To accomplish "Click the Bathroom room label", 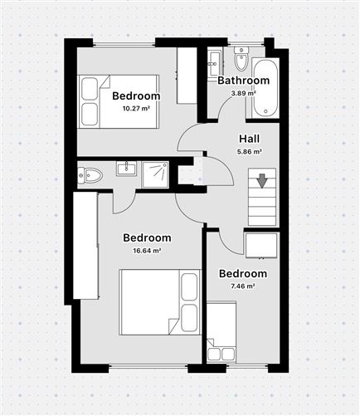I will (x=243, y=81).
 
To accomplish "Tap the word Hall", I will (x=250, y=139).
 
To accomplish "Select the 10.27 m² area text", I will (x=136, y=109).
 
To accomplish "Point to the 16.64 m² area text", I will (x=147, y=251).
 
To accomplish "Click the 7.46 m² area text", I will (x=242, y=286).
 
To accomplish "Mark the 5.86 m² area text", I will (x=250, y=152).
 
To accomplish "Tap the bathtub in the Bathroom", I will (x=266, y=87).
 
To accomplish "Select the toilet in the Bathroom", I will (x=241, y=59).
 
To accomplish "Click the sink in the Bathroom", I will (x=214, y=61).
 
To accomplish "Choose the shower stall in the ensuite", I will (x=155, y=174).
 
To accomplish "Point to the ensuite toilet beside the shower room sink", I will (x=90, y=175).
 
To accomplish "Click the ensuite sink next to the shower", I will (x=125, y=169).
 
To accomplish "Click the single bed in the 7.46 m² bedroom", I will (x=221, y=331).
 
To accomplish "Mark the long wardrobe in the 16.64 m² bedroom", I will (x=86, y=244).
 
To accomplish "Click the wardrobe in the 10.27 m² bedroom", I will (x=187, y=76).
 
